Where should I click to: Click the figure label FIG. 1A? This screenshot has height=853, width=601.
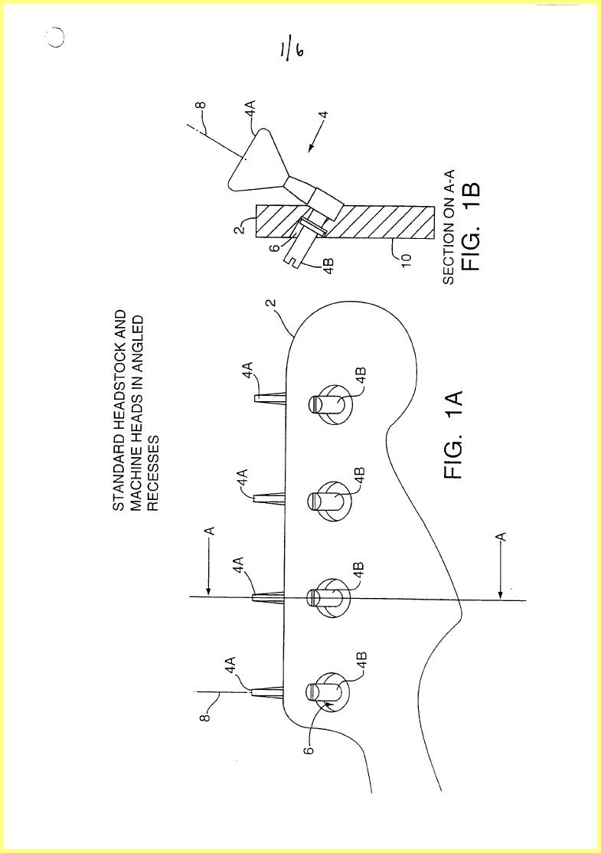pos(453,435)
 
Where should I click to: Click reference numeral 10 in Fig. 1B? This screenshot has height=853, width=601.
pos(407,257)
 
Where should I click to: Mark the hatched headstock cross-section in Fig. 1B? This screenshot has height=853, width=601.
pos(345,222)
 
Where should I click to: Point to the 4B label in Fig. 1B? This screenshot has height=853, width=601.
pos(327,266)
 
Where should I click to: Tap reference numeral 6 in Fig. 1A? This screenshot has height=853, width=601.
pos(309,750)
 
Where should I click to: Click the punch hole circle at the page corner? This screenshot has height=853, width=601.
pos(55,37)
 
